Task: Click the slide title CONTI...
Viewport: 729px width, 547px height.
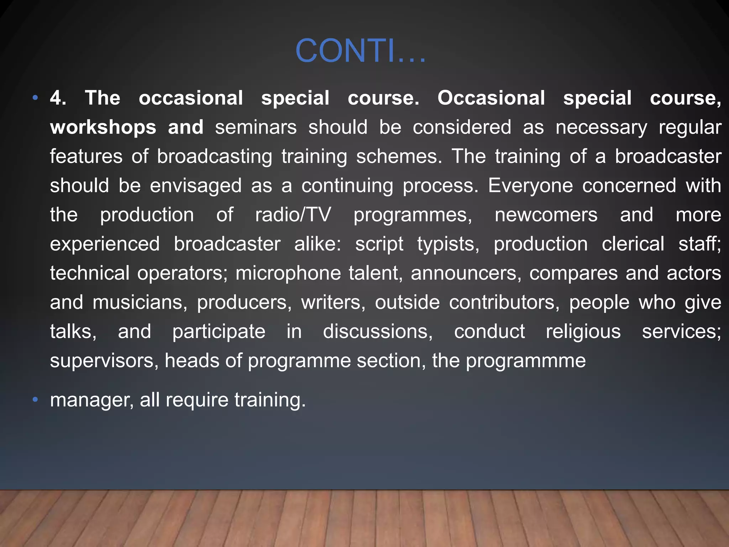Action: click(360, 51)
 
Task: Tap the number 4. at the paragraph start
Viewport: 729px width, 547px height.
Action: click(58, 98)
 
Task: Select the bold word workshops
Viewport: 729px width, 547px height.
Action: click(103, 127)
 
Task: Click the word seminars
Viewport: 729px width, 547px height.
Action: click(256, 127)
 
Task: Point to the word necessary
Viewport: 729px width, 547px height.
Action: click(601, 127)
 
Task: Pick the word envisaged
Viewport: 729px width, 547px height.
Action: click(195, 186)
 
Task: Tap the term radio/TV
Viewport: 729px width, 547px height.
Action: click(293, 215)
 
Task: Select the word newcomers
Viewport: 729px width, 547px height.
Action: click(546, 215)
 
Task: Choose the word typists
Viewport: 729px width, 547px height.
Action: click(448, 244)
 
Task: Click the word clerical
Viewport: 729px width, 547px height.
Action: click(633, 244)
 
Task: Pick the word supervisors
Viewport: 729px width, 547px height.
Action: click(104, 361)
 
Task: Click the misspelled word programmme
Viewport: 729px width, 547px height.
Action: click(526, 361)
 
